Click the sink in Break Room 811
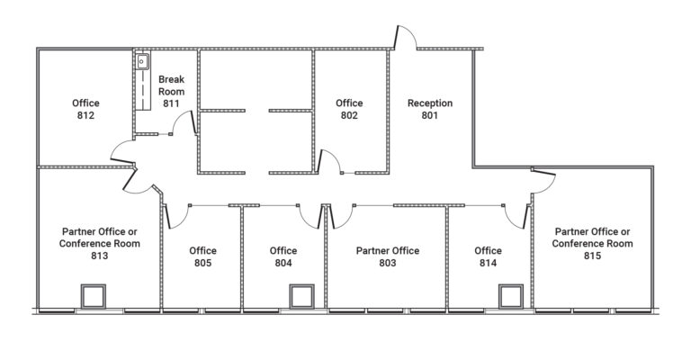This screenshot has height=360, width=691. [142, 62]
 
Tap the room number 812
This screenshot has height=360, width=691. [86, 115]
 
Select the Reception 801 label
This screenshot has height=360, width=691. [430, 109]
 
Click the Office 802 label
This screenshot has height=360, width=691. [349, 109]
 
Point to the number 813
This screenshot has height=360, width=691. [100, 256]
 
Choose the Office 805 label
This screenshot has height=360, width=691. [202, 256]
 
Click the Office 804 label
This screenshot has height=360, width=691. [283, 256]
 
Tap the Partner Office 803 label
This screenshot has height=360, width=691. [388, 256]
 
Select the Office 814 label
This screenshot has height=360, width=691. [488, 256]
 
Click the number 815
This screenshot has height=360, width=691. [592, 256]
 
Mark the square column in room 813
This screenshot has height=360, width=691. [94, 296]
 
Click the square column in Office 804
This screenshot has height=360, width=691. [302, 296]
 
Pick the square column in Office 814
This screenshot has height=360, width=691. [511, 296]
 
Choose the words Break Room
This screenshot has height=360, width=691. [172, 85]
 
